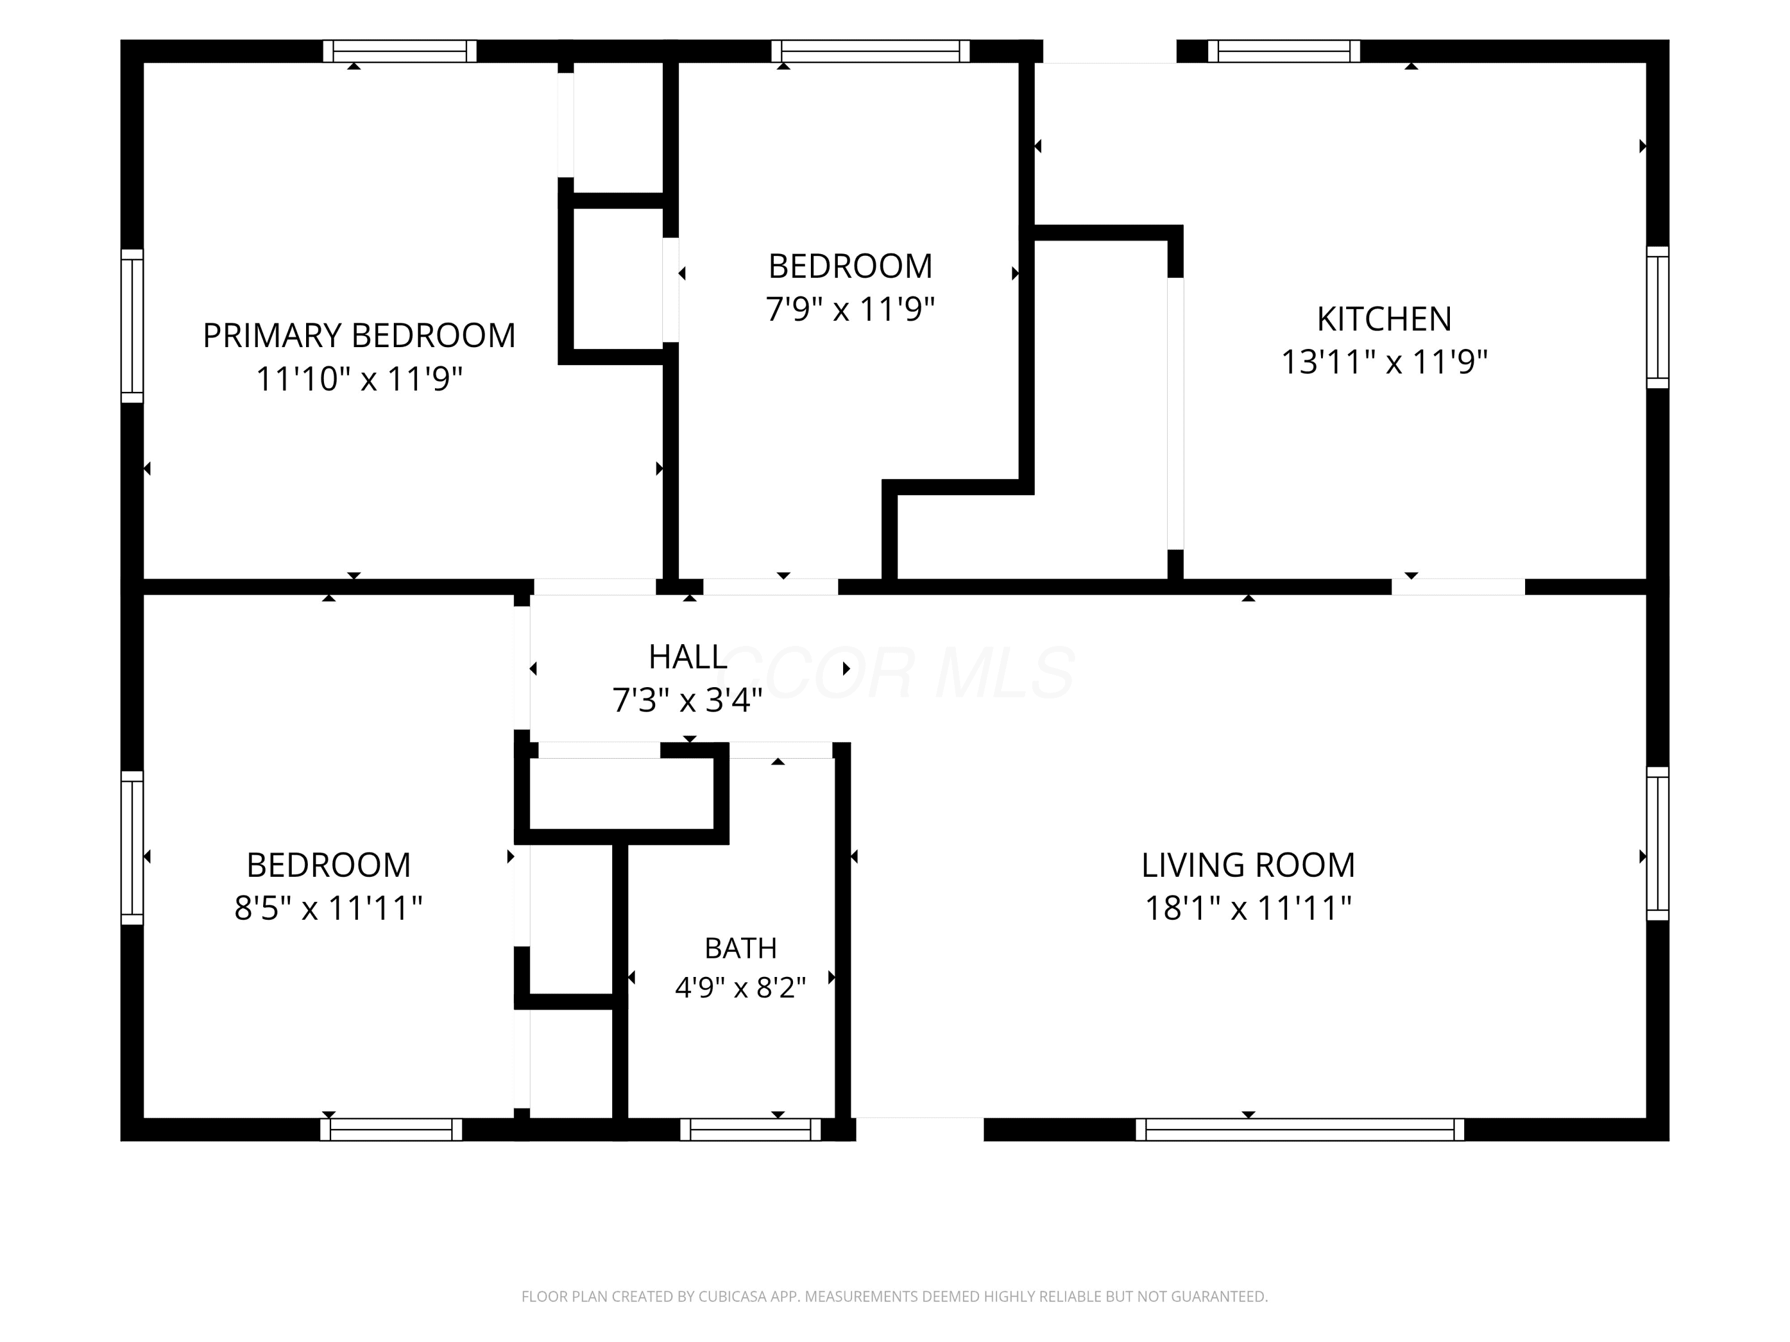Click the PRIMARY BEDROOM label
(x=359, y=335)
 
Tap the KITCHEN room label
(x=1384, y=319)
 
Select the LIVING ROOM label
(x=1248, y=865)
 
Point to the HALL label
(x=688, y=657)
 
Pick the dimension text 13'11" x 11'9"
(x=1384, y=361)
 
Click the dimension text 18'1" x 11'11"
(x=1248, y=908)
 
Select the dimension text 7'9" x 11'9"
(x=850, y=308)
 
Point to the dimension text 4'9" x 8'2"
(x=740, y=987)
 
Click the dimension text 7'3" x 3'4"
(x=688, y=700)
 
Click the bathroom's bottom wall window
(x=751, y=1129)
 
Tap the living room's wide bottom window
(x=1300, y=1129)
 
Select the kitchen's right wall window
(x=1658, y=317)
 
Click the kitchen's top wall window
(x=1284, y=51)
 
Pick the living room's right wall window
(x=1658, y=844)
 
